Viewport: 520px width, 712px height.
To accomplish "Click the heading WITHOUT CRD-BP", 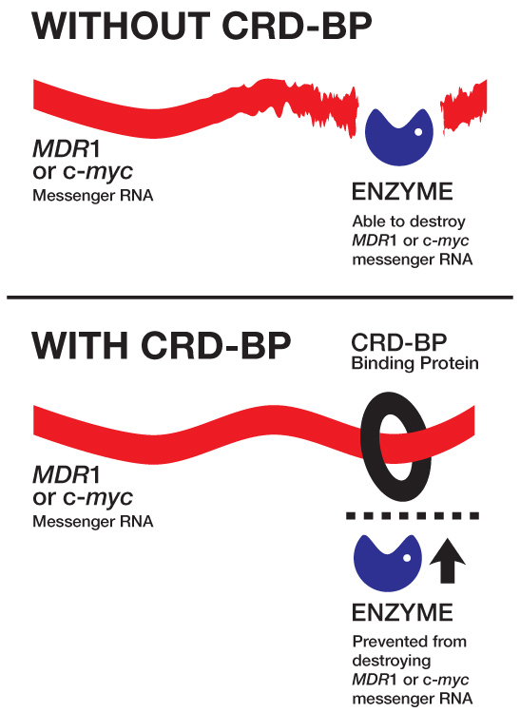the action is [x=202, y=26].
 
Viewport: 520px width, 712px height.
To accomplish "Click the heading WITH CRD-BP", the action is [x=162, y=346].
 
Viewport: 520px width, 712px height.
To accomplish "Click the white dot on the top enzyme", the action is [x=418, y=132].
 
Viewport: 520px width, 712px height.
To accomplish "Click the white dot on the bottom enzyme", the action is [x=407, y=558].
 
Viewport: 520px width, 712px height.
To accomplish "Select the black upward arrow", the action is [x=448, y=561].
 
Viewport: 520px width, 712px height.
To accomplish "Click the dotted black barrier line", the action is [x=413, y=516].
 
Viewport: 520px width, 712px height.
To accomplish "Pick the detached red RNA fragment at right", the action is [x=464, y=106].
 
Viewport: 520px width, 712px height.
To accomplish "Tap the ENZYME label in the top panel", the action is [x=402, y=192].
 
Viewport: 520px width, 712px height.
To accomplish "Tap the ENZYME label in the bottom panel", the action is [x=402, y=612].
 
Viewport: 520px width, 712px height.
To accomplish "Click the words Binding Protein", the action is [x=415, y=364].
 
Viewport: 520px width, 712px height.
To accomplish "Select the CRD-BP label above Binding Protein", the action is [x=399, y=342].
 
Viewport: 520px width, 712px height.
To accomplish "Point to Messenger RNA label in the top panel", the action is [x=93, y=196].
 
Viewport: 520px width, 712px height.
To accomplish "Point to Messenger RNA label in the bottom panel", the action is [x=93, y=522].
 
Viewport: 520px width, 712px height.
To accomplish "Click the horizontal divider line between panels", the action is [x=260, y=298].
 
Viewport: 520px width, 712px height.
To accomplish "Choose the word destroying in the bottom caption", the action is [x=392, y=662].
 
